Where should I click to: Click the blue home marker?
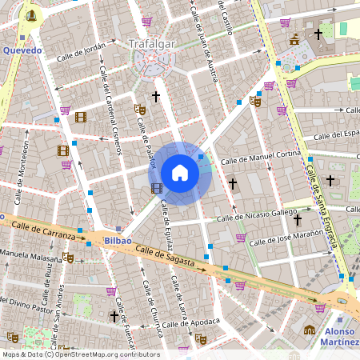click(180, 173)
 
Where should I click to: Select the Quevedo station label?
click(22, 50)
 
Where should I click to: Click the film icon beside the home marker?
click(156, 189)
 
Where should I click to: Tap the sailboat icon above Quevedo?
click(30, 14)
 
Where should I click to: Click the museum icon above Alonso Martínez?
click(310, 329)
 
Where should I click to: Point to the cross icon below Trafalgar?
click(156, 96)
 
